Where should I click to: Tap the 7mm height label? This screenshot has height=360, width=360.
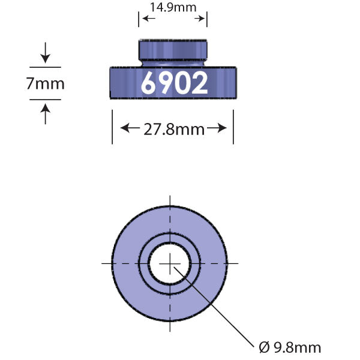pos(45,83)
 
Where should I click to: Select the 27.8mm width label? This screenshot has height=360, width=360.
pos(173,128)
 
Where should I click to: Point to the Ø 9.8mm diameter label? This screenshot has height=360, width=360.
pos(290,347)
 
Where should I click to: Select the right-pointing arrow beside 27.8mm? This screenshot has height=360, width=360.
pos(219,128)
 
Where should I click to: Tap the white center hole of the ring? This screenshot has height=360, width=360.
pos(170,263)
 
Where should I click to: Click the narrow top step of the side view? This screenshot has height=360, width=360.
pos(173,48)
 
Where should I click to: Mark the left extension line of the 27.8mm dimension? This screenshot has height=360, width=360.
pos(112,126)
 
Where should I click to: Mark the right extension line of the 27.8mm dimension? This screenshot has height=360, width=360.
pos(233,126)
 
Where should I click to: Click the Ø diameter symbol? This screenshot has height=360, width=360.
pos(263,347)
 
